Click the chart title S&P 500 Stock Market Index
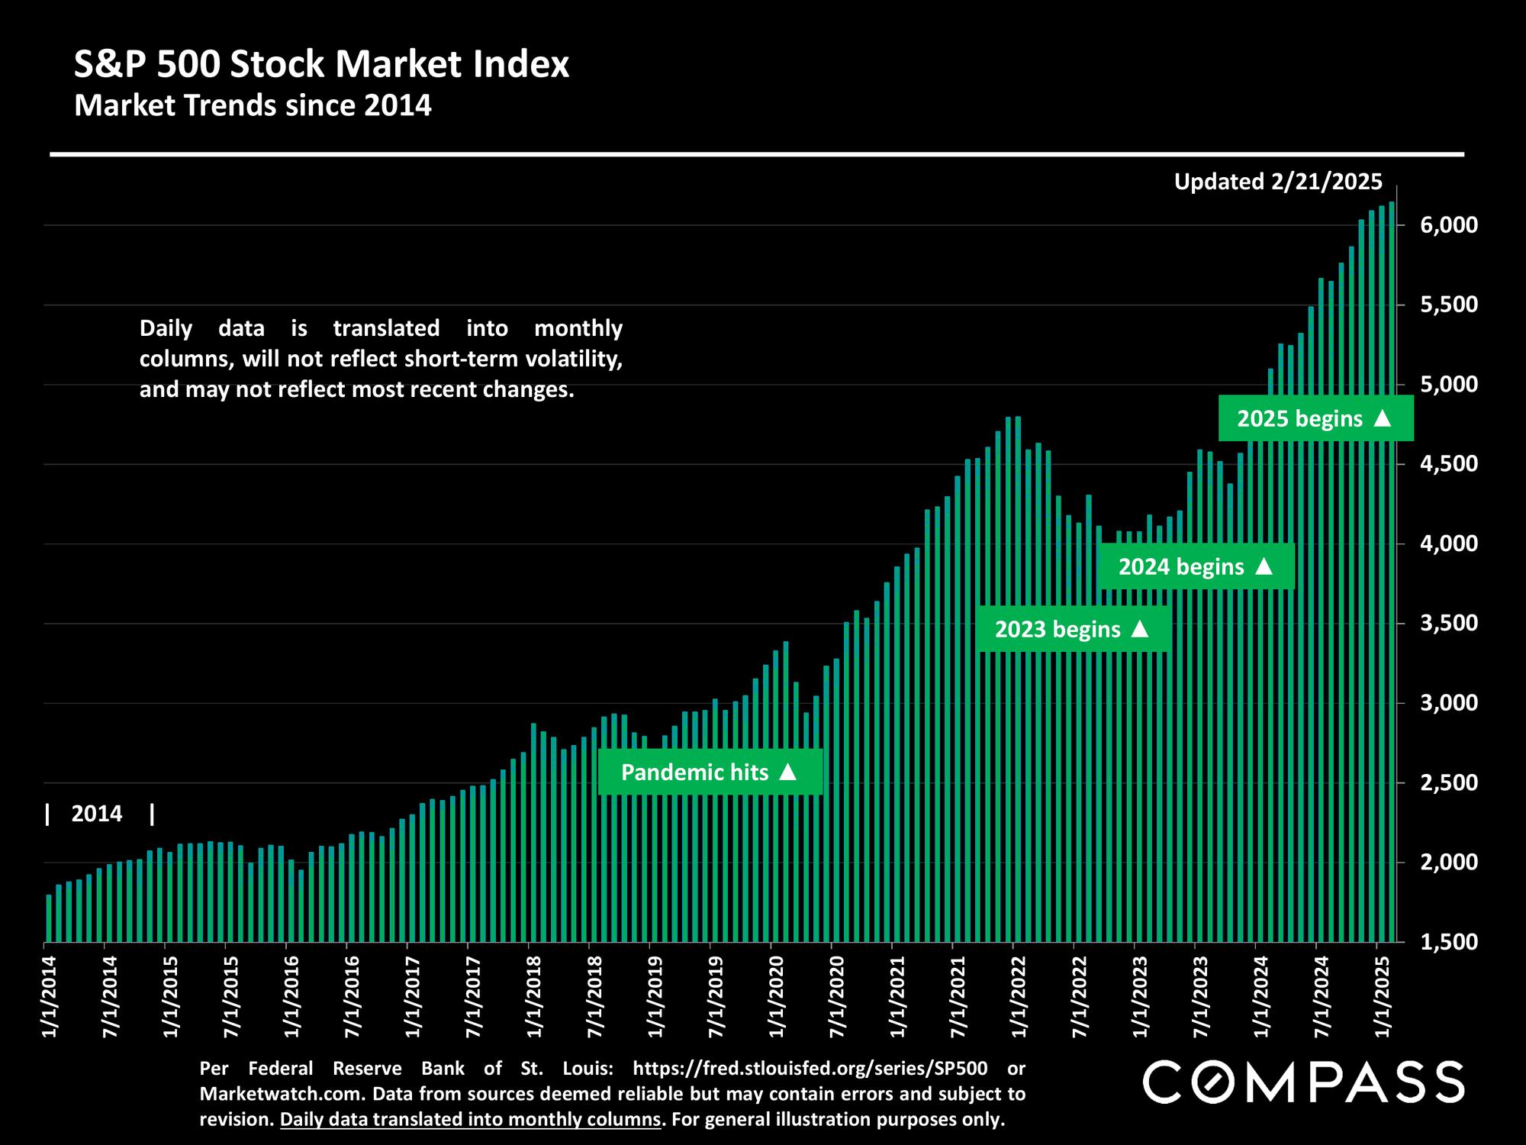point(321,65)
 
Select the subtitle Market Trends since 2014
point(253,105)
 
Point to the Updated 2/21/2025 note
point(1278,182)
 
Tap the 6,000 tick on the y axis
point(1450,225)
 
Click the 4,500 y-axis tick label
point(1450,464)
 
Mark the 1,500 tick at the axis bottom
point(1450,942)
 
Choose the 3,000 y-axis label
point(1450,703)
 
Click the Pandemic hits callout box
point(710,772)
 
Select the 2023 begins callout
point(1072,630)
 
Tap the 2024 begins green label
point(1196,567)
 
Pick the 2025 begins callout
point(1315,419)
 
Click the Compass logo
point(1302,1082)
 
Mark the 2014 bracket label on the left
point(97,814)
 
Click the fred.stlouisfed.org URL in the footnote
point(810,1068)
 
